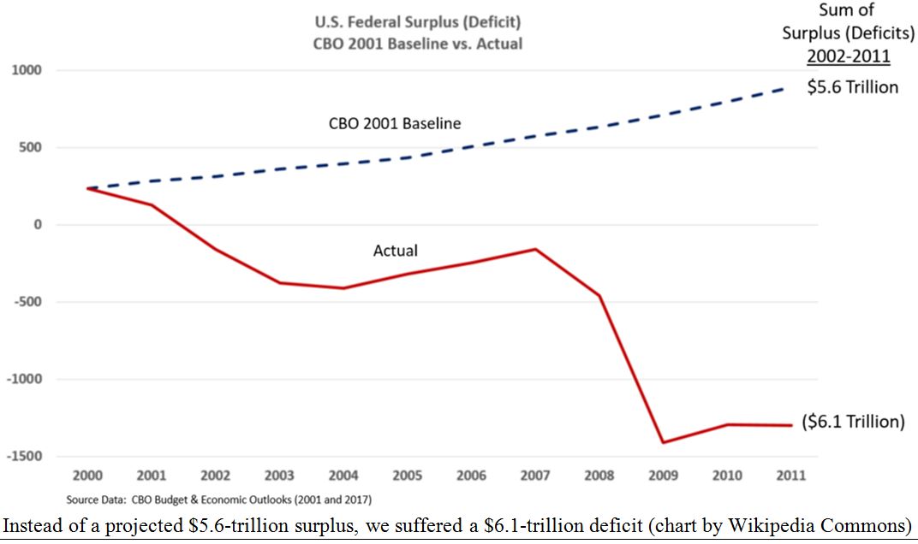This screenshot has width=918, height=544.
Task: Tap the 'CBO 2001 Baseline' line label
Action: (395, 123)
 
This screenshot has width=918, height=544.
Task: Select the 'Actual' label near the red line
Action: (396, 251)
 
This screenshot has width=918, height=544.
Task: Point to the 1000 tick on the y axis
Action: (24, 70)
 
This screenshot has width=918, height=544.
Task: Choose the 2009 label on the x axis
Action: (663, 476)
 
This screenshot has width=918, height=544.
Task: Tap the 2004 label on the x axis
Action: (343, 476)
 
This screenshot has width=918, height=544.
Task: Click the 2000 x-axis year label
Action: (87, 476)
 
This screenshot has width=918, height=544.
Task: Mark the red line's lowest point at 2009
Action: (663, 442)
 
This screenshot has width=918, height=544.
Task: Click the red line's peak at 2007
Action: (535, 249)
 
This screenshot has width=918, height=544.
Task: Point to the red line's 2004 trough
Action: (343, 288)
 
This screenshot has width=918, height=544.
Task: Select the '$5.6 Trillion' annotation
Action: (853, 87)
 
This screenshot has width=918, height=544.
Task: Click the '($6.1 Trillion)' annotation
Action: (853, 422)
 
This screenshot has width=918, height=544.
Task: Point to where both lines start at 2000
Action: (87, 188)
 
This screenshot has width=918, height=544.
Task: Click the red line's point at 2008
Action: (599, 296)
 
